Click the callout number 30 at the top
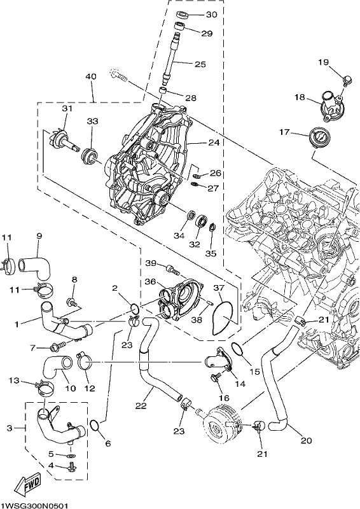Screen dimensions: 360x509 pos(211,15)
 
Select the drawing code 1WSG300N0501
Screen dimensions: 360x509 pos(34,506)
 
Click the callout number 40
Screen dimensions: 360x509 pos(91,77)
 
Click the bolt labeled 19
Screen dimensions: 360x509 pos(347,81)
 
